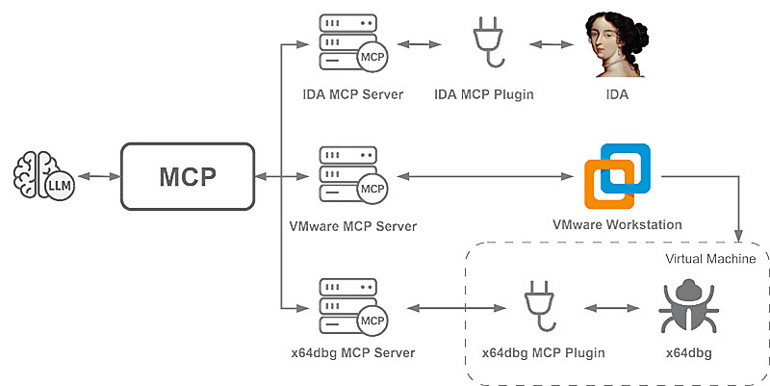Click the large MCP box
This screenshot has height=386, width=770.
tap(187, 177)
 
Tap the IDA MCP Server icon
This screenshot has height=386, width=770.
tap(349, 45)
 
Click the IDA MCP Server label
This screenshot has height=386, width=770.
tap(352, 94)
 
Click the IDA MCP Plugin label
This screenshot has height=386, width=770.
tap(484, 94)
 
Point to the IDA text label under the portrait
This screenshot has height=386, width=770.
tap(618, 94)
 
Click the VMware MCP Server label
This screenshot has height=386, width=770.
tap(352, 227)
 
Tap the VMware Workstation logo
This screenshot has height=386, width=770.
tap(618, 175)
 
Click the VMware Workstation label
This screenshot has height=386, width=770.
tap(617, 225)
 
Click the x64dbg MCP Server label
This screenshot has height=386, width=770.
tap(351, 353)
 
